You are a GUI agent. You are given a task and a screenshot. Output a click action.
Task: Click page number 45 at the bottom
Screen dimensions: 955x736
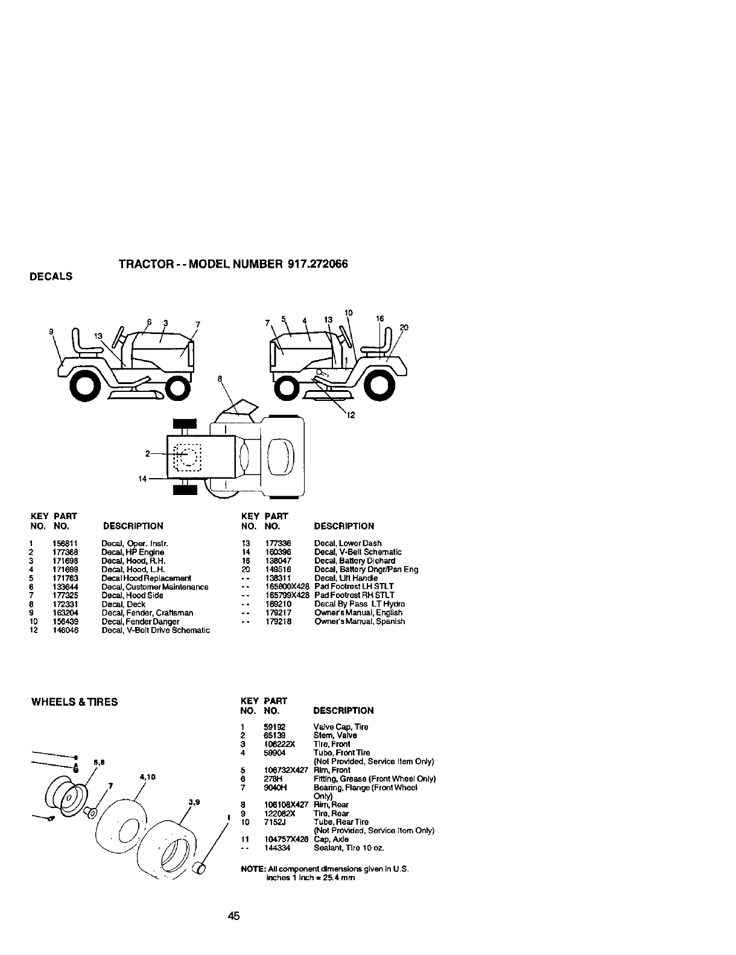click(234, 917)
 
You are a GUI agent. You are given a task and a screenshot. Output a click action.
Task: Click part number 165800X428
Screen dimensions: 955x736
click(287, 587)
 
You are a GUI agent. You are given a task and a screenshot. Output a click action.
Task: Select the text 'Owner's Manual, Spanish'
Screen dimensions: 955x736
click(360, 622)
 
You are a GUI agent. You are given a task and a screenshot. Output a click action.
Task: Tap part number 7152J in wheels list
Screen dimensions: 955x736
click(274, 822)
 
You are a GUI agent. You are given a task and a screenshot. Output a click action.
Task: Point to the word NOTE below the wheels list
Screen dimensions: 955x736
click(250, 869)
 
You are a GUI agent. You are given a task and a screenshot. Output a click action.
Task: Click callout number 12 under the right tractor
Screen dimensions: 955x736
click(352, 414)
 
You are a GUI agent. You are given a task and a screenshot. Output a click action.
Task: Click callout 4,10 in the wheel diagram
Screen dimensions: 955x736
click(148, 777)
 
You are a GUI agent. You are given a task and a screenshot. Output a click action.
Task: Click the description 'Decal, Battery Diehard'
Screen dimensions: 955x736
click(355, 561)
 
